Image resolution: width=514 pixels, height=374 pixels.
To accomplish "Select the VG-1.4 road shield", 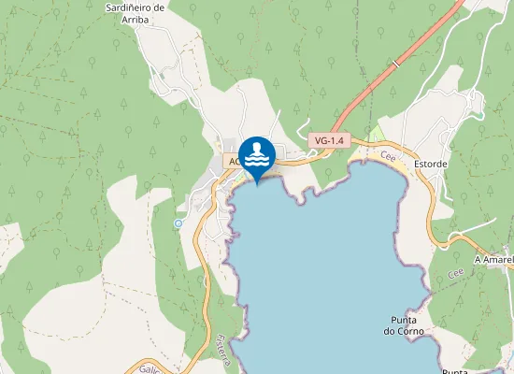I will point(329,140).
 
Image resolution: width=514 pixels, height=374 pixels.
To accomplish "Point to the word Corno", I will point(411,332).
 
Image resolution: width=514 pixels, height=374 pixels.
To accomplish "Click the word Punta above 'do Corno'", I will point(404,320).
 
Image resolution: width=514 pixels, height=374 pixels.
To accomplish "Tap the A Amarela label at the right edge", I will point(493,259).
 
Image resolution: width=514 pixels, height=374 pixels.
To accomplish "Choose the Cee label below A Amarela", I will point(456,274).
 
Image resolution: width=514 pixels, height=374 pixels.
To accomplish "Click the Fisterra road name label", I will point(222,344).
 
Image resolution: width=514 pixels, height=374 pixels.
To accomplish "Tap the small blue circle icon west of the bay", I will point(178,223).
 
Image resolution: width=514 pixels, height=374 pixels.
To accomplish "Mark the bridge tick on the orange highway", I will point(396,64).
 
